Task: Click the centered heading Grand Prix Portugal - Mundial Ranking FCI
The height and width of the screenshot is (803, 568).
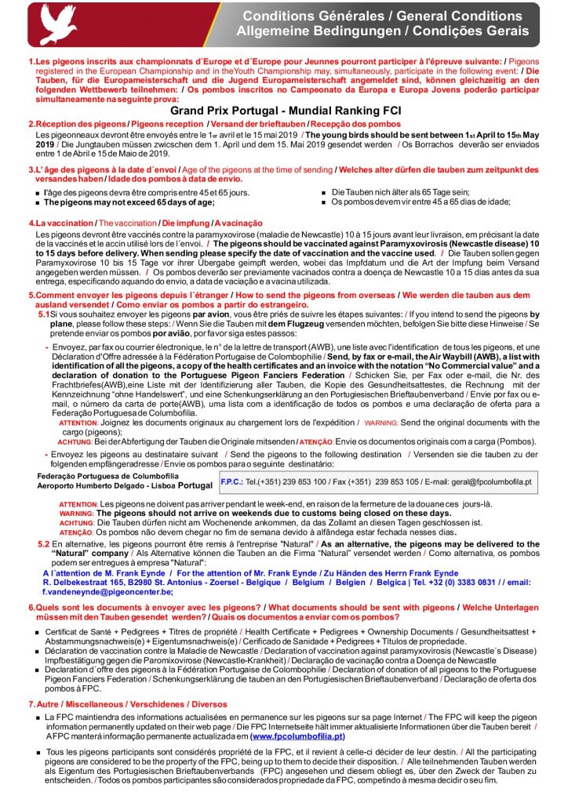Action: [283, 112]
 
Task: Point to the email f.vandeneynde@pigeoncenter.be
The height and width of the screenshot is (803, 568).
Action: [109, 593]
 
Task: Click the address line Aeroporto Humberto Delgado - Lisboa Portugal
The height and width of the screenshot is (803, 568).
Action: [125, 486]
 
